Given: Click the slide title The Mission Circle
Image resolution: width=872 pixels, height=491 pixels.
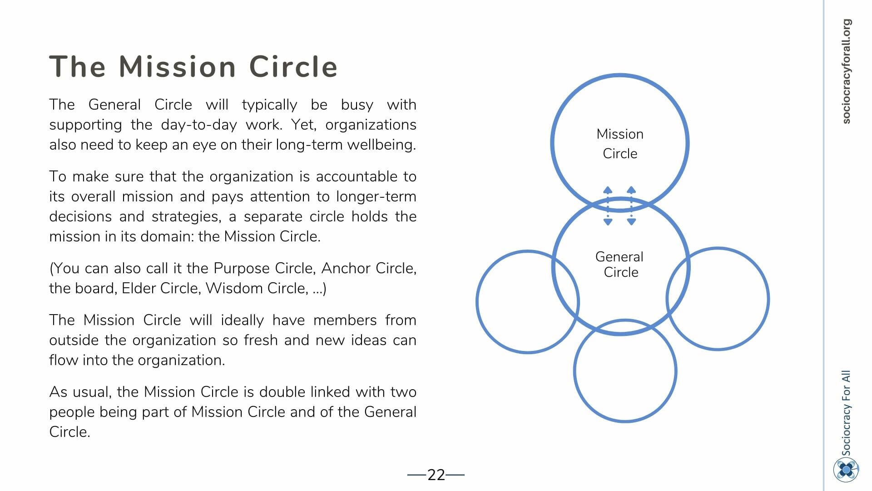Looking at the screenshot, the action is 193,67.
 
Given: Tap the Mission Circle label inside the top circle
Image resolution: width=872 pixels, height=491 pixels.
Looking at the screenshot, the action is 620,144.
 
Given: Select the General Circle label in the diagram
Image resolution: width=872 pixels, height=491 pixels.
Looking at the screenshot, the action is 619,264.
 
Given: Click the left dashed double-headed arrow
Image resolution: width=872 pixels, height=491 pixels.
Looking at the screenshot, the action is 608,206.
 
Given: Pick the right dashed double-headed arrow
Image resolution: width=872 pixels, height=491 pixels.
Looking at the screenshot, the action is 631,206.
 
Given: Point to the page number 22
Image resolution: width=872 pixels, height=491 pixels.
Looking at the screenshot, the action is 436,475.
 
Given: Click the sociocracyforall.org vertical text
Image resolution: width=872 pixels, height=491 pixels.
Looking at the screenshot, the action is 846,71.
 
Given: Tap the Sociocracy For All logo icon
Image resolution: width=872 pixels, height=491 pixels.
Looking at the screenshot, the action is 846,470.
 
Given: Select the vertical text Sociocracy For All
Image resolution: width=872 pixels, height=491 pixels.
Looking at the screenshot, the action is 846,413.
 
